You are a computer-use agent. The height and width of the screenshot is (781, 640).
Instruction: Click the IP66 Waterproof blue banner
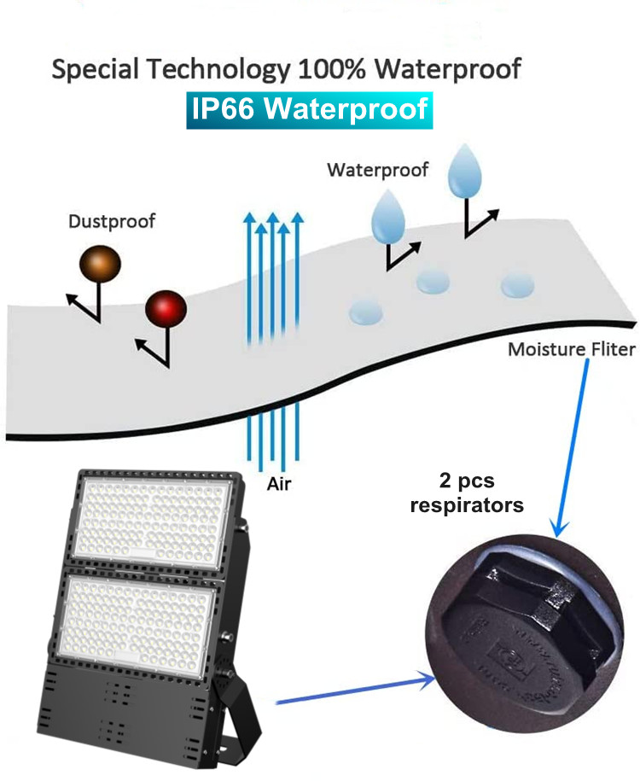click(x=309, y=110)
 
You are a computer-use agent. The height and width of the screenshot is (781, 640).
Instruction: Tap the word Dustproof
click(x=112, y=221)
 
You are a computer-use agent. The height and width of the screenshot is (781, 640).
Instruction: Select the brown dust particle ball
click(x=100, y=264)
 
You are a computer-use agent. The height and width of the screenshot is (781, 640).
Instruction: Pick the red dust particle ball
click(x=166, y=309)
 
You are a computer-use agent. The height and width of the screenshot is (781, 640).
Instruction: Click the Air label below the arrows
click(x=279, y=484)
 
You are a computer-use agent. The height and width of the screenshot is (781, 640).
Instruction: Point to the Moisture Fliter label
click(x=571, y=349)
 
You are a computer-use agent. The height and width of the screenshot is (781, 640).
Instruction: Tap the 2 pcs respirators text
click(x=467, y=492)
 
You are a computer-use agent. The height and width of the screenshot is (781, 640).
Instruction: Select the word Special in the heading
click(x=95, y=69)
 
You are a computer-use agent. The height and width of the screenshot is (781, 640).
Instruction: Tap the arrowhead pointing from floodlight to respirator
click(x=428, y=679)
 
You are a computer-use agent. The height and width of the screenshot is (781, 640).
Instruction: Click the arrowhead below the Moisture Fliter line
click(x=559, y=527)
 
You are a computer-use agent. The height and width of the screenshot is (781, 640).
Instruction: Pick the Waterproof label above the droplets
click(x=377, y=171)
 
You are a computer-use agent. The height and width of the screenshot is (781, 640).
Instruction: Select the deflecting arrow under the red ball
click(x=155, y=347)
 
